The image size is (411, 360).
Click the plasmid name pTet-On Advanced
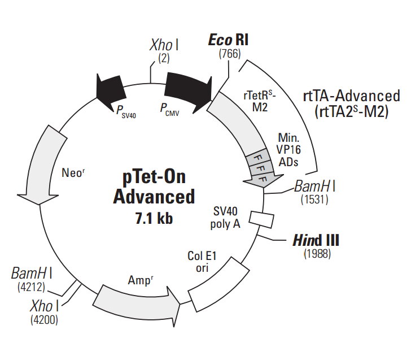[x=154, y=187]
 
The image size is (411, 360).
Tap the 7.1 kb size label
[x=154, y=218]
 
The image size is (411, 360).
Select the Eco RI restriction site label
[x=228, y=40]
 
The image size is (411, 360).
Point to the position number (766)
[x=230, y=54]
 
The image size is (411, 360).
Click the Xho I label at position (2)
[x=164, y=45]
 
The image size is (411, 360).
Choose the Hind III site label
[x=316, y=240]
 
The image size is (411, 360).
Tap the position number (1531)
[x=314, y=199]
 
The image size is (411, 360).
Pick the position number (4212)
[x=31, y=287]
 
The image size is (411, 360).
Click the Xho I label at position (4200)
[x=45, y=306]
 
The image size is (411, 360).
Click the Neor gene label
[x=73, y=173]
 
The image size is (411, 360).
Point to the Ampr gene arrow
[x=136, y=305]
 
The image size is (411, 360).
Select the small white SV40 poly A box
[x=261, y=219]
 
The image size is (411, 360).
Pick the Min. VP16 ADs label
[x=288, y=150]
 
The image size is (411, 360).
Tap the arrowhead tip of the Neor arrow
[x=39, y=205]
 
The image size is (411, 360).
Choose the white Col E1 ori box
[x=218, y=285]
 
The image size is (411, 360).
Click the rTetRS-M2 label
[x=260, y=101]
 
